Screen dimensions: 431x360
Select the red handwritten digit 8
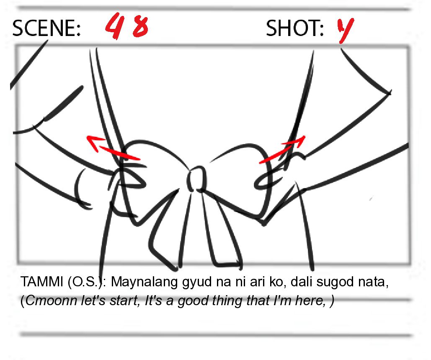(x=140, y=27)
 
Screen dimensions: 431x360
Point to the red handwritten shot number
(x=346, y=30)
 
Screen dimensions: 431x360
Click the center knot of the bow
(x=197, y=179)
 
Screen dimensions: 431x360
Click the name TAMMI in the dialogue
(x=42, y=282)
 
